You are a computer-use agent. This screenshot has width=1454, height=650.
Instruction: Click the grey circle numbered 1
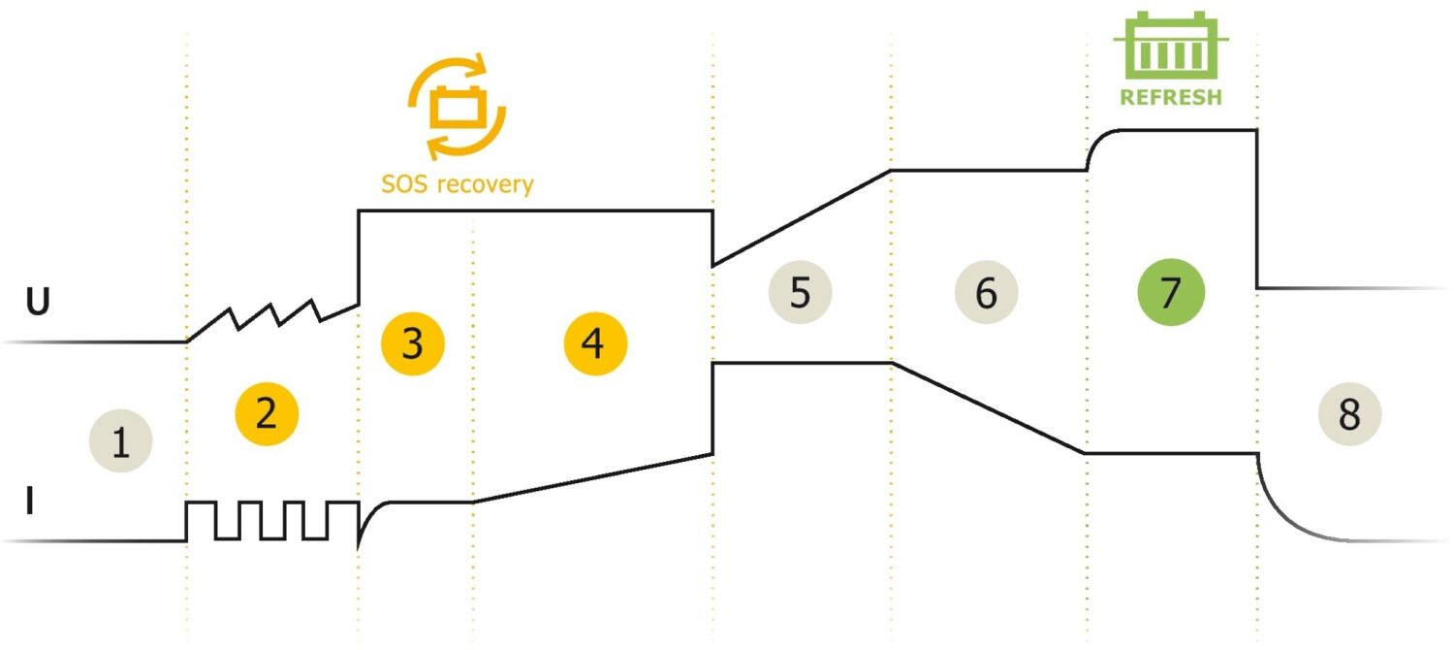pyautogui.click(x=121, y=440)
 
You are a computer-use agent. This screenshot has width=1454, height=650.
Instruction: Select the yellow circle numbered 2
pyautogui.click(x=267, y=413)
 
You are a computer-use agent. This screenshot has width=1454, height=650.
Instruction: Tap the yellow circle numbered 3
pyautogui.click(x=413, y=343)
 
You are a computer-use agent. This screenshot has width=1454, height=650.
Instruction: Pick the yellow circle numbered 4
pyautogui.click(x=595, y=343)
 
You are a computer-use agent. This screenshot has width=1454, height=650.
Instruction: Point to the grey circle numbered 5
pyautogui.click(x=801, y=292)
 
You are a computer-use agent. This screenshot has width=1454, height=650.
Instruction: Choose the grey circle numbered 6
pyautogui.click(x=986, y=292)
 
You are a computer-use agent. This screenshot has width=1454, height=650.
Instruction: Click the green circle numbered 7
pyautogui.click(x=1171, y=292)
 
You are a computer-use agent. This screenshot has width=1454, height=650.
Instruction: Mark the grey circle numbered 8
pyautogui.click(x=1349, y=413)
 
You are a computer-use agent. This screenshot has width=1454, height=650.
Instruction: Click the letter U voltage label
pyautogui.click(x=38, y=302)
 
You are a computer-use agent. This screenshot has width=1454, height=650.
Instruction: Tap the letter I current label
pyautogui.click(x=29, y=501)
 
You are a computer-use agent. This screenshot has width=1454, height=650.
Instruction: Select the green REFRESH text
pyautogui.click(x=1171, y=97)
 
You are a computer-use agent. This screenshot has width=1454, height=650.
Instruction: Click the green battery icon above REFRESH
pyautogui.click(x=1171, y=45)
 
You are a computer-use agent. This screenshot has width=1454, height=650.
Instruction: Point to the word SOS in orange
pyautogui.click(x=404, y=183)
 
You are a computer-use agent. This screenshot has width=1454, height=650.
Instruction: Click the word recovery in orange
pyautogui.click(x=486, y=185)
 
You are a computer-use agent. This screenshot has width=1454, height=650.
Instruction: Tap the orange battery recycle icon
pyautogui.click(x=457, y=106)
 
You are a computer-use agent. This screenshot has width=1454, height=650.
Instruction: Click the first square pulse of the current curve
pyautogui.click(x=202, y=503)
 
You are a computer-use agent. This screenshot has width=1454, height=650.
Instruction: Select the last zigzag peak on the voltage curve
pyautogui.click(x=314, y=302)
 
